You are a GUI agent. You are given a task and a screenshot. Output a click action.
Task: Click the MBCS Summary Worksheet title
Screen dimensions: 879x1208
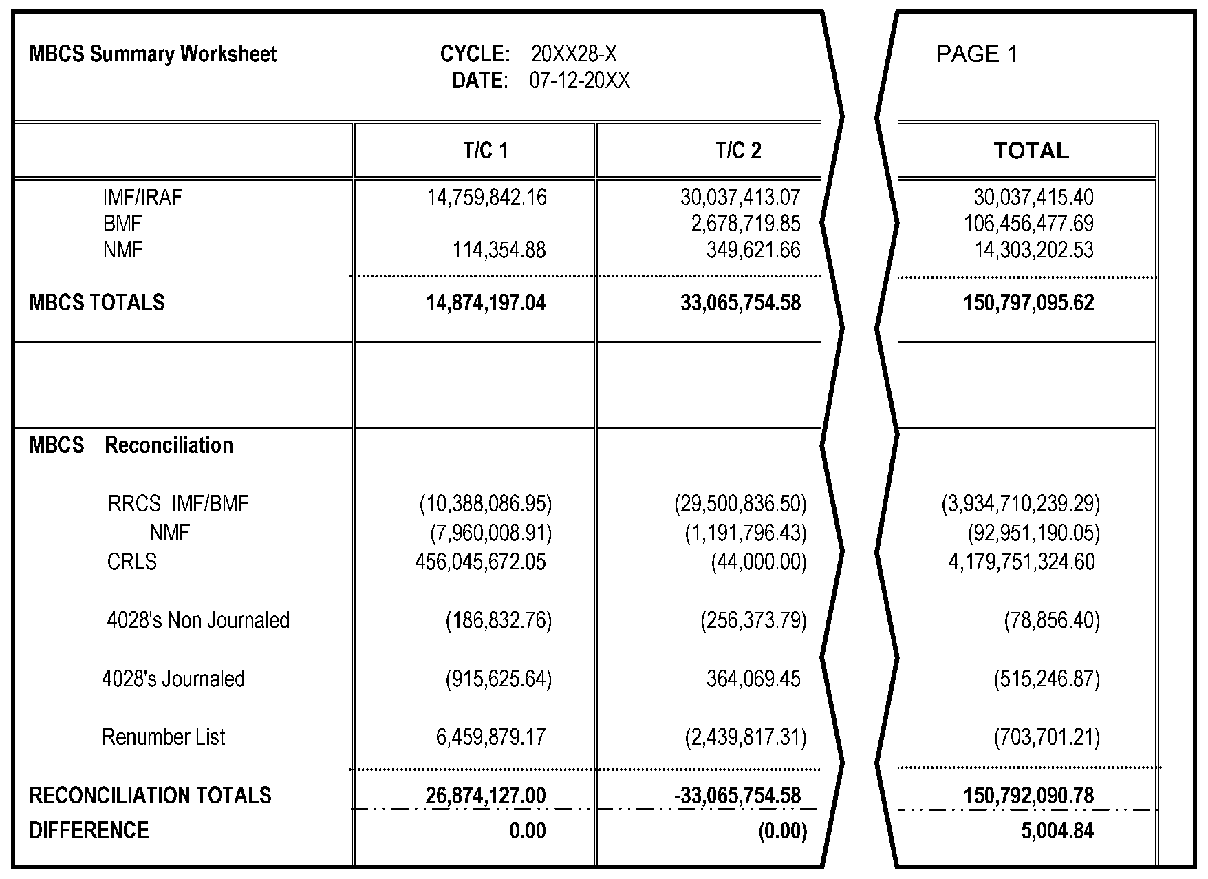click(153, 54)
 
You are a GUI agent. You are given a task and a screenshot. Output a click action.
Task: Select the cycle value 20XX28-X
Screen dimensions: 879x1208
click(574, 54)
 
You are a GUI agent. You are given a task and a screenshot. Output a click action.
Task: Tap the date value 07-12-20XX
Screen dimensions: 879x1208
click(579, 81)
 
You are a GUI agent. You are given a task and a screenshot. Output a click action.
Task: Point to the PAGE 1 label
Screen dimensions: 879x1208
click(976, 54)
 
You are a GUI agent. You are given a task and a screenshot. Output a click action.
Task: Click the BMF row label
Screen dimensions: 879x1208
click(122, 224)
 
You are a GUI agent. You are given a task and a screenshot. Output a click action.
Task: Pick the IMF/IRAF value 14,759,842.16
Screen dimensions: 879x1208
click(486, 198)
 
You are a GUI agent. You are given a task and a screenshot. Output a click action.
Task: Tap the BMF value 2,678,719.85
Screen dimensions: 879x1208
click(746, 224)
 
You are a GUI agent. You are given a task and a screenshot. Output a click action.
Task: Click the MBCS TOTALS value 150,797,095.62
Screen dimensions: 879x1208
click(1028, 303)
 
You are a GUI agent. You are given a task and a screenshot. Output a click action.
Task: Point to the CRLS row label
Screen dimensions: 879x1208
click(131, 562)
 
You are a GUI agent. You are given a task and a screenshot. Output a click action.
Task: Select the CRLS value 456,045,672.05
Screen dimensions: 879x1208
click(480, 562)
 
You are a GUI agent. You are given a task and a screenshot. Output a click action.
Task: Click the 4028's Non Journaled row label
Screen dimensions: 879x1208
click(198, 621)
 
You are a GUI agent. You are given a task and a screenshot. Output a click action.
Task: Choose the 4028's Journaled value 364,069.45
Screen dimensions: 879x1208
click(753, 679)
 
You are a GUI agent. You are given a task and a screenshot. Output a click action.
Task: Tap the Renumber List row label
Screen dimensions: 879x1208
click(164, 737)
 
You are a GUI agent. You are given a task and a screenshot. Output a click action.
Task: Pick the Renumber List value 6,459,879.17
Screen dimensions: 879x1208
click(490, 738)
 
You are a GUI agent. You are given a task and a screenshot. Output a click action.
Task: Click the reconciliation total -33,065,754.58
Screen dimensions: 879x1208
click(737, 796)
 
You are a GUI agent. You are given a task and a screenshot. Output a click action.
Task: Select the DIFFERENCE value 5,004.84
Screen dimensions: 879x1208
click(1057, 831)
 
